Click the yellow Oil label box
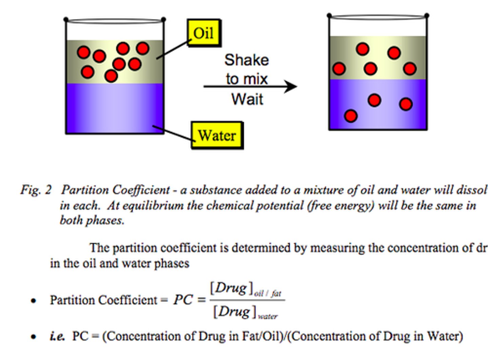(204, 33)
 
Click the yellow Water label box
(217, 135)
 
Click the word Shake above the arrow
(246, 60)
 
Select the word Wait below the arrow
(247, 99)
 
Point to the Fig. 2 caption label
(36, 190)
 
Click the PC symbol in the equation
(183, 300)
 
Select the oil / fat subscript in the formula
(268, 293)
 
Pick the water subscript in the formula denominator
(268, 317)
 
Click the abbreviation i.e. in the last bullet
(57, 336)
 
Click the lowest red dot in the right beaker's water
(350, 116)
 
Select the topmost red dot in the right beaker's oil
(363, 49)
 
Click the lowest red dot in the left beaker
(111, 76)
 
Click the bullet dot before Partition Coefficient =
(33, 301)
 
